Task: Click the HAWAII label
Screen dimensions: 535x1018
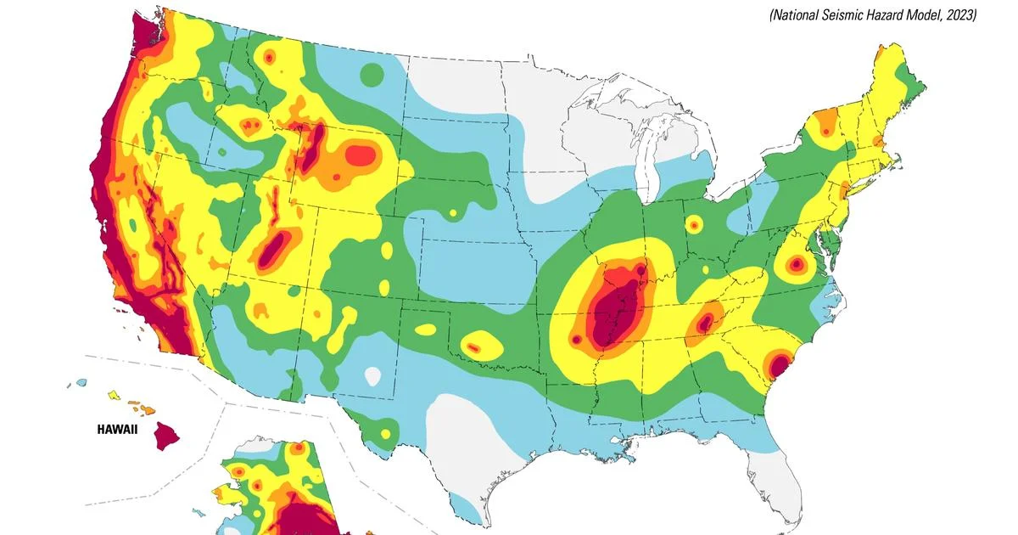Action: (117, 431)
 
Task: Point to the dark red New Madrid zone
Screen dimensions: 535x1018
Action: (613, 310)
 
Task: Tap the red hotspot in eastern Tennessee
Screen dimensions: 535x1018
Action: (705, 323)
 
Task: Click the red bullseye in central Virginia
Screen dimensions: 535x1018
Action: (796, 265)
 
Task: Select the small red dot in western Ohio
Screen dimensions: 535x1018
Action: (694, 225)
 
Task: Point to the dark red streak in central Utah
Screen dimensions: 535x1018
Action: (273, 249)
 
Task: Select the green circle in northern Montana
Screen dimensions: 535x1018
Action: (372, 75)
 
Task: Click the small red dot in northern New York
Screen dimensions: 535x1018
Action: (825, 132)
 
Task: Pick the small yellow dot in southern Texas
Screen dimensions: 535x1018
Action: (386, 434)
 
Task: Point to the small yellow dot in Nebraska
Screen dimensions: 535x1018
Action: (453, 212)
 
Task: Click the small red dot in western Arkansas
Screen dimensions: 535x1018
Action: (576, 340)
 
